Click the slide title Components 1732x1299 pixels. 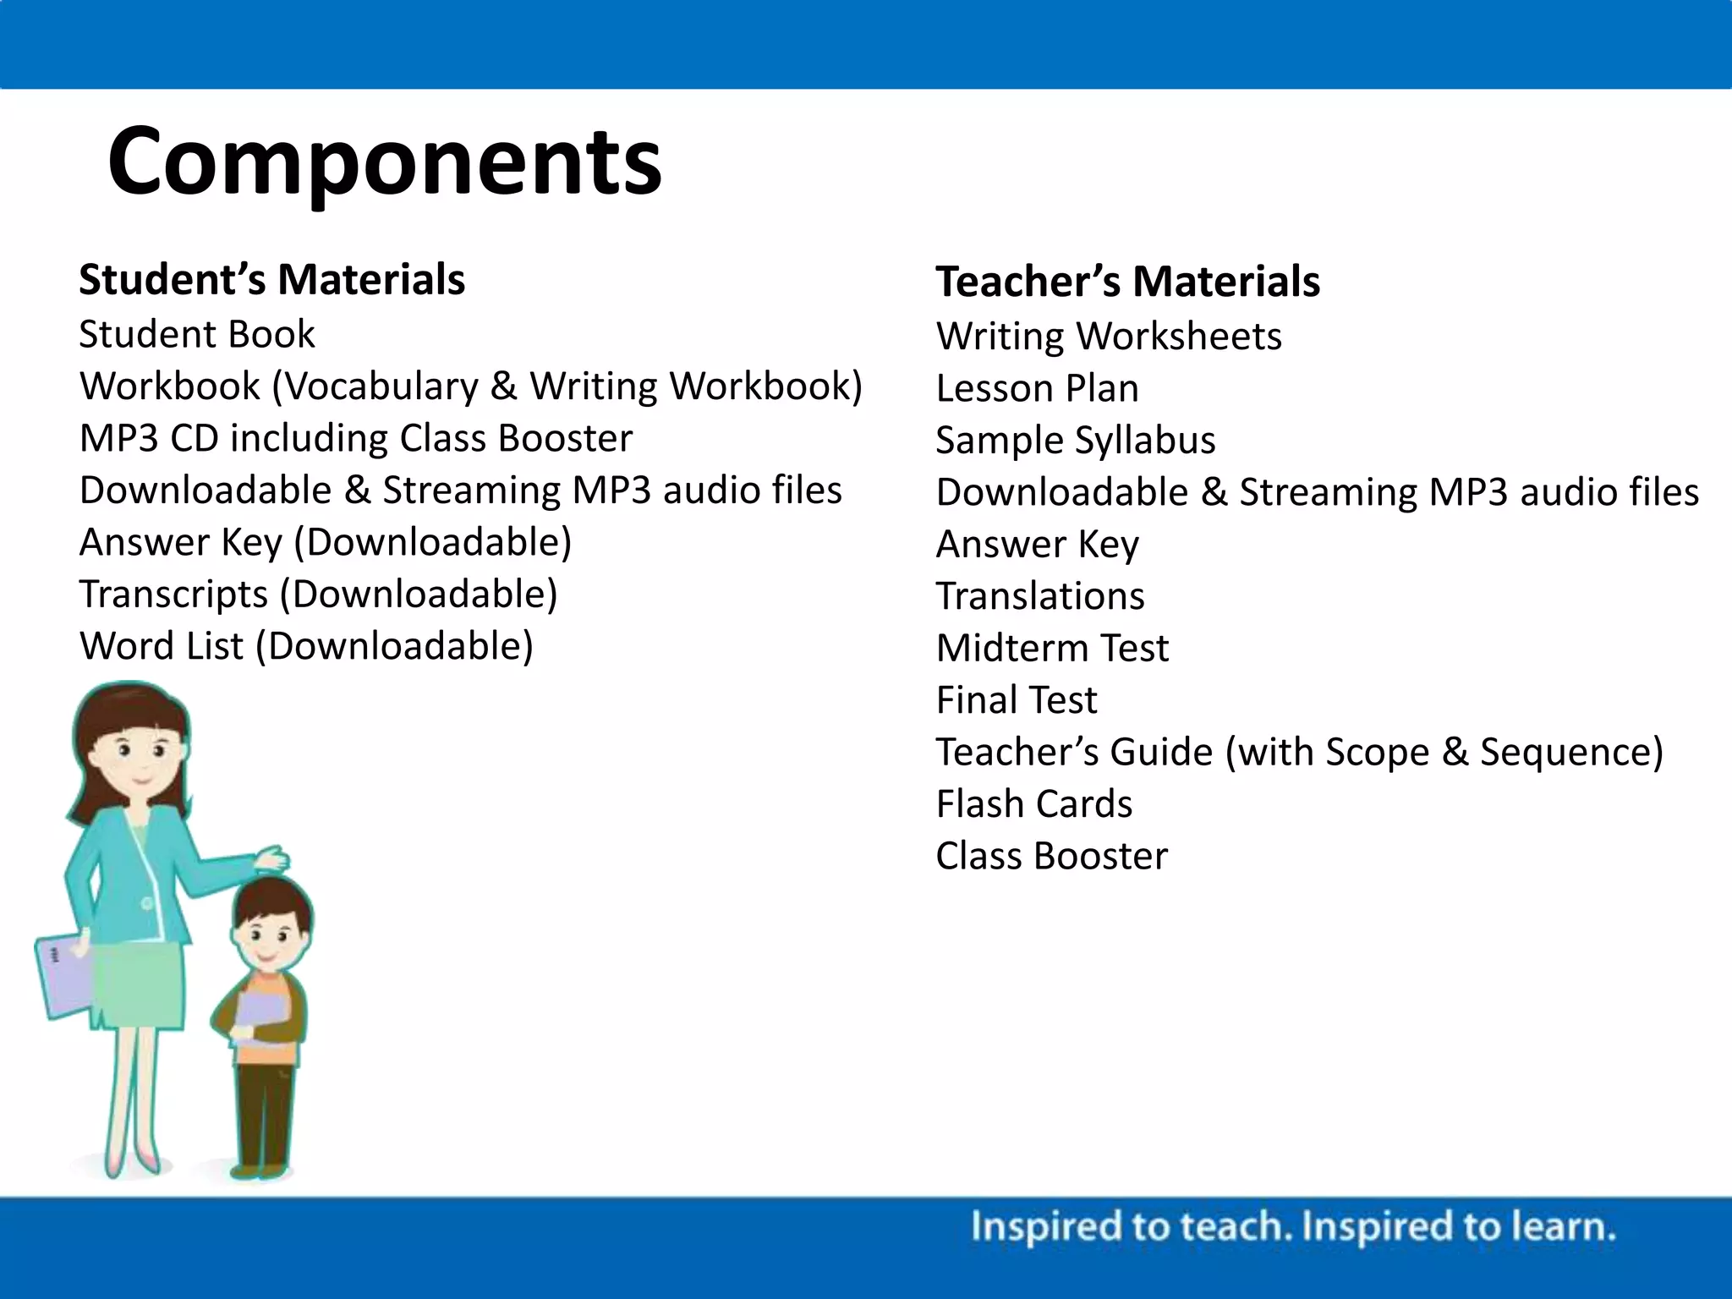pos(385,161)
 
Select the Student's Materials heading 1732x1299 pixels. pos(271,280)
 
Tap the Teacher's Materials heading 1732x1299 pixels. pos(1127,282)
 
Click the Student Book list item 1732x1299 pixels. pos(196,334)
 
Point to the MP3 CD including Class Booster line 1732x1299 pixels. pos(355,438)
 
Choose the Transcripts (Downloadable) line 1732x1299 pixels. pos(318,594)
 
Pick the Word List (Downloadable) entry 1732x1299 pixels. pos(306,646)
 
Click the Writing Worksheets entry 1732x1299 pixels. pos(1109,337)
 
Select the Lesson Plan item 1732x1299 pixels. pos(1037,389)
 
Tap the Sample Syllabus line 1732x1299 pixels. pos(1075,441)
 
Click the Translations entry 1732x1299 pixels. pos(1039,596)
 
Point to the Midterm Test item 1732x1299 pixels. pos(1052,649)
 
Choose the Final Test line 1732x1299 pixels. pos(1016,700)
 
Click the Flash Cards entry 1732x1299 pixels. pos(1033,804)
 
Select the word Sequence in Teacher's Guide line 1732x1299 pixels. pos(1570,752)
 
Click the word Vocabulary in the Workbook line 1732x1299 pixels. pos(378,386)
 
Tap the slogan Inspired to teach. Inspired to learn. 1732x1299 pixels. pos(1292,1227)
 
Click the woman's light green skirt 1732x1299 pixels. pos(140,989)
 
